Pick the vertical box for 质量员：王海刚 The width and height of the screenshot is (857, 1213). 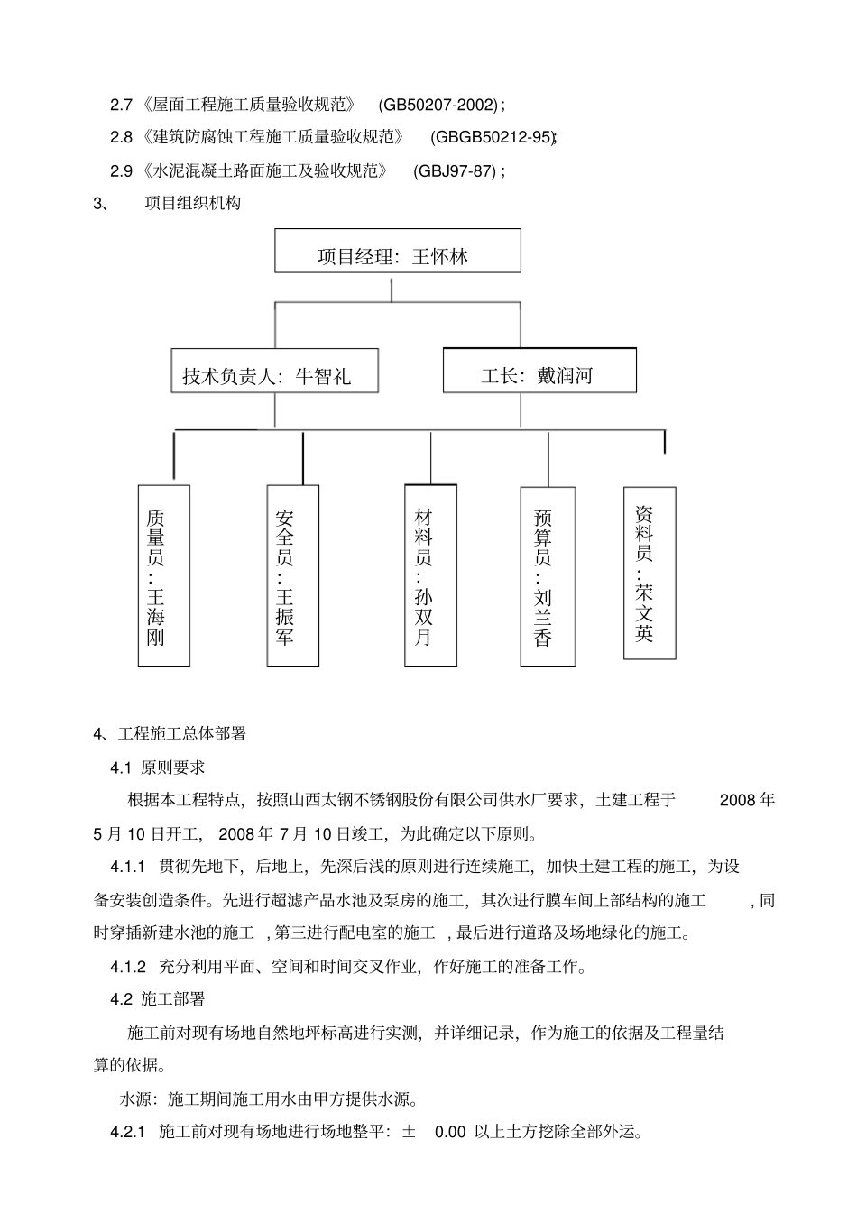163,575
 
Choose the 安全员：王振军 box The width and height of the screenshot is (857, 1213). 292,575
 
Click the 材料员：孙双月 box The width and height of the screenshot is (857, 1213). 430,575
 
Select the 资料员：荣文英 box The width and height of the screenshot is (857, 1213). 650,573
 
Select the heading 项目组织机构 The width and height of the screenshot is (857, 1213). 193,204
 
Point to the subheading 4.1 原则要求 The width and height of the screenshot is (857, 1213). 158,767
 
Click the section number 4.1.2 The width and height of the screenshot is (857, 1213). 128,967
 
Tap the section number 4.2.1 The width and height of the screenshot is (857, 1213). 128,1132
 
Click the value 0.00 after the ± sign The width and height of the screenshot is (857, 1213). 450,1132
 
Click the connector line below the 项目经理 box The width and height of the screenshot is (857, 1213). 392,289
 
